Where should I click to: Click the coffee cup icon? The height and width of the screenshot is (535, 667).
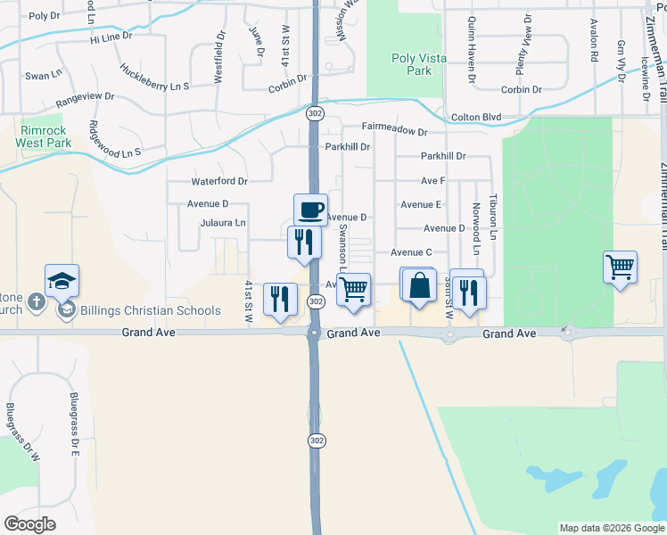pyautogui.click(x=310, y=210)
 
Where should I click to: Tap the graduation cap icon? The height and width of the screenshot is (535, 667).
pyautogui.click(x=62, y=281)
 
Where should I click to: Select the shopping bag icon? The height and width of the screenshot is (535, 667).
pyautogui.click(x=419, y=286)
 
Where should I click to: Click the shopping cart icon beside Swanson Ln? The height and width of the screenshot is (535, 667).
pyautogui.click(x=354, y=289)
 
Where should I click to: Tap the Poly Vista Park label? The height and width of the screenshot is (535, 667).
pyautogui.click(x=411, y=64)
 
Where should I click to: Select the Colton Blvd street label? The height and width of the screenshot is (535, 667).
pyautogui.click(x=476, y=117)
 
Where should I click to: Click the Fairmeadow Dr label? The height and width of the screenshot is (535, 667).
pyautogui.click(x=395, y=131)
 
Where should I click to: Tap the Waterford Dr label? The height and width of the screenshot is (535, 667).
pyautogui.click(x=218, y=181)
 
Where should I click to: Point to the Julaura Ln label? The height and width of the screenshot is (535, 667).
pyautogui.click(x=223, y=223)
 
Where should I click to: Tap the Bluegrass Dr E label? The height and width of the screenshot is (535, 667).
pyautogui.click(x=76, y=424)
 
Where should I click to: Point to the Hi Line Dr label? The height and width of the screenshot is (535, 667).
pyautogui.click(x=111, y=37)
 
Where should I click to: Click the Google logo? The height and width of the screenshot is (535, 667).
pyautogui.click(x=29, y=524)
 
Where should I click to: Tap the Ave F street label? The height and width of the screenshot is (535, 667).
pyautogui.click(x=432, y=181)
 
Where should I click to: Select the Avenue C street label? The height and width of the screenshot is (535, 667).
pyautogui.click(x=411, y=252)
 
